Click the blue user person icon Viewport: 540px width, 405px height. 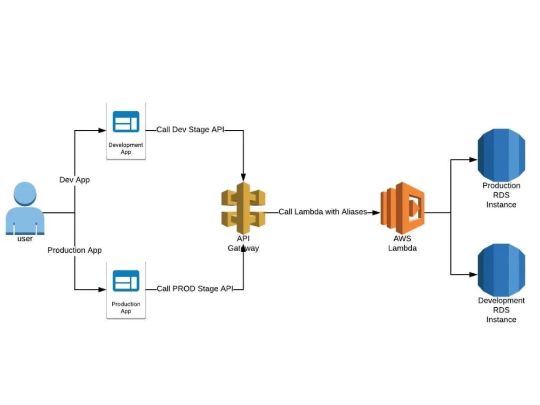25,208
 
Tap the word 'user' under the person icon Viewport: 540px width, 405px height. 25,239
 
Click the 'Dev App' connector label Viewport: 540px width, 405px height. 75,180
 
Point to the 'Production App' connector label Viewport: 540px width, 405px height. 75,250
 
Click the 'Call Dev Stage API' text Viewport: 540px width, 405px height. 191,130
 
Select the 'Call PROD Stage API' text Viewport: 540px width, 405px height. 195,289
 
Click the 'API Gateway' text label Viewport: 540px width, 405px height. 243,244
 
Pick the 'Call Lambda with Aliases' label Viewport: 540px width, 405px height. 322,212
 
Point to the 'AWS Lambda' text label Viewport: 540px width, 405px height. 402,244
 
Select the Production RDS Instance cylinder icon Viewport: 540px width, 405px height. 501,157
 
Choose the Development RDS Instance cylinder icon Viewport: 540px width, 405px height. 501,270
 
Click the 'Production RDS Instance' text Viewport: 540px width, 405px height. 501,195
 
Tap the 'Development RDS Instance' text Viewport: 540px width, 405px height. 501,310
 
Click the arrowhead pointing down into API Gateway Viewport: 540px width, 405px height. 243,177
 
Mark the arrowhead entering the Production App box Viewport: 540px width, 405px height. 103,289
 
